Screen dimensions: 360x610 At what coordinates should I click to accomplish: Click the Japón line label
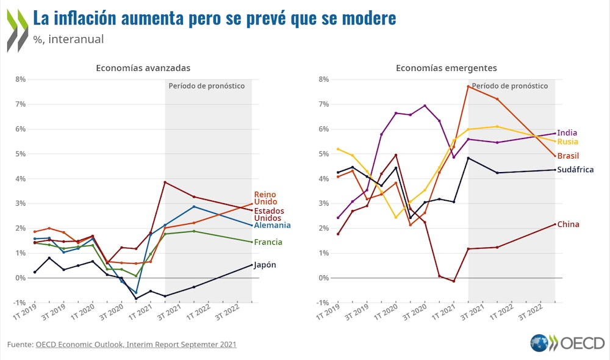[x=265, y=265]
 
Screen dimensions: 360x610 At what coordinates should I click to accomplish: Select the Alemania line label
[x=272, y=225]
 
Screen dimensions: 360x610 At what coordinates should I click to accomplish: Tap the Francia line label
[x=268, y=242]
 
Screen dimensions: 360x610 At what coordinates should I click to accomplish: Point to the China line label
[x=569, y=225]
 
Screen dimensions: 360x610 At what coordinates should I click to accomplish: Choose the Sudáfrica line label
[x=575, y=170]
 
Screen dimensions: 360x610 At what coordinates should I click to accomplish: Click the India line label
[x=567, y=133]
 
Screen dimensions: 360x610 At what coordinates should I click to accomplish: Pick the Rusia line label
[x=567, y=142]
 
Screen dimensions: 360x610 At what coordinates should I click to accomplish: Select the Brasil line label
[x=568, y=156]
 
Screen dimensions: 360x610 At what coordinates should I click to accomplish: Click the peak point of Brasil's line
[x=468, y=86]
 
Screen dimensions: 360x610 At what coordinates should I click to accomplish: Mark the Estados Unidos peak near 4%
[x=165, y=182]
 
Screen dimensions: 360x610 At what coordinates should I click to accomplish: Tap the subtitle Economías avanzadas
[x=143, y=68]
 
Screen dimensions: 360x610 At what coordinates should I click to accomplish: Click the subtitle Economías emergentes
[x=446, y=68]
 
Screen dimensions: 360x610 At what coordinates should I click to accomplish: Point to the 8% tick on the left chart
[x=20, y=79]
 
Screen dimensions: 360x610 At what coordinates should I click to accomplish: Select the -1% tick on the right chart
[x=323, y=303]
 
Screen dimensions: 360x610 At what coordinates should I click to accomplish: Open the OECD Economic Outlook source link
[x=135, y=345]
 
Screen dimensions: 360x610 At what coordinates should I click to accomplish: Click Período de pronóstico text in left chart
[x=206, y=86]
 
